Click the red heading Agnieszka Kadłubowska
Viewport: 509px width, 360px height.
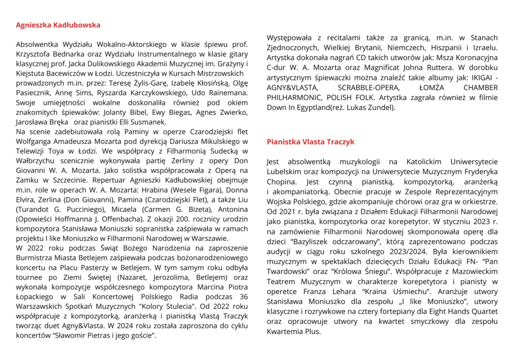[x=58, y=25]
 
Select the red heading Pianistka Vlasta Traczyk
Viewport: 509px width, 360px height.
[x=310, y=142]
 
